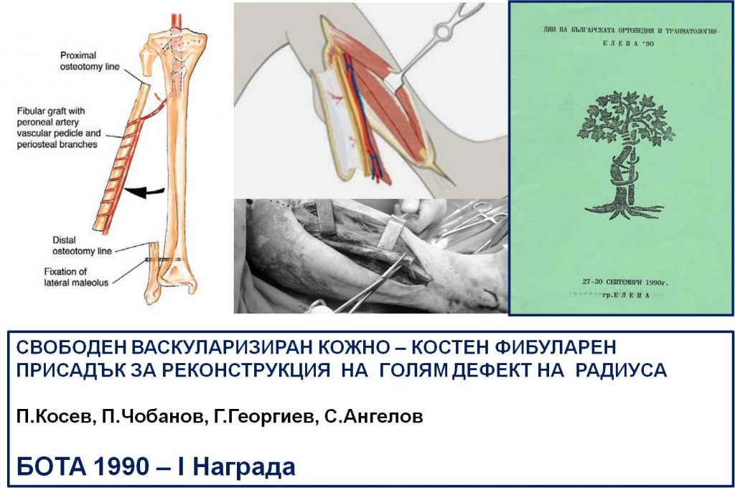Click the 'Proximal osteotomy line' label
point(90,61)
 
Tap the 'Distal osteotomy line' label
point(82,245)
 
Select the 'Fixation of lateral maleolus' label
point(76,277)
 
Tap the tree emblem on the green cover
point(625,155)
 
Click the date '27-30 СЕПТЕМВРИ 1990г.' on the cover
point(625,282)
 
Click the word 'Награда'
point(244,467)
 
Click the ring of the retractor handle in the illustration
point(443,32)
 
